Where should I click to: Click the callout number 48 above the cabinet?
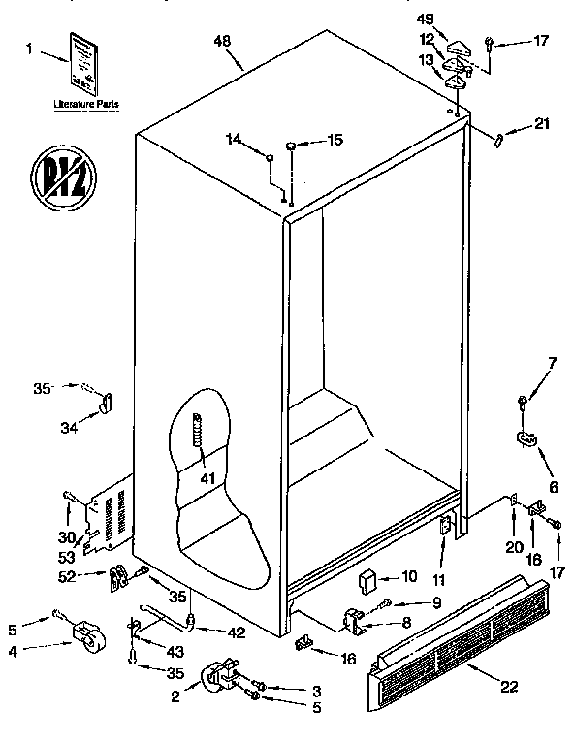click(224, 43)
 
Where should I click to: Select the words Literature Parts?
click(80, 102)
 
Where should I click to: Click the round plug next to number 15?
click(292, 146)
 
